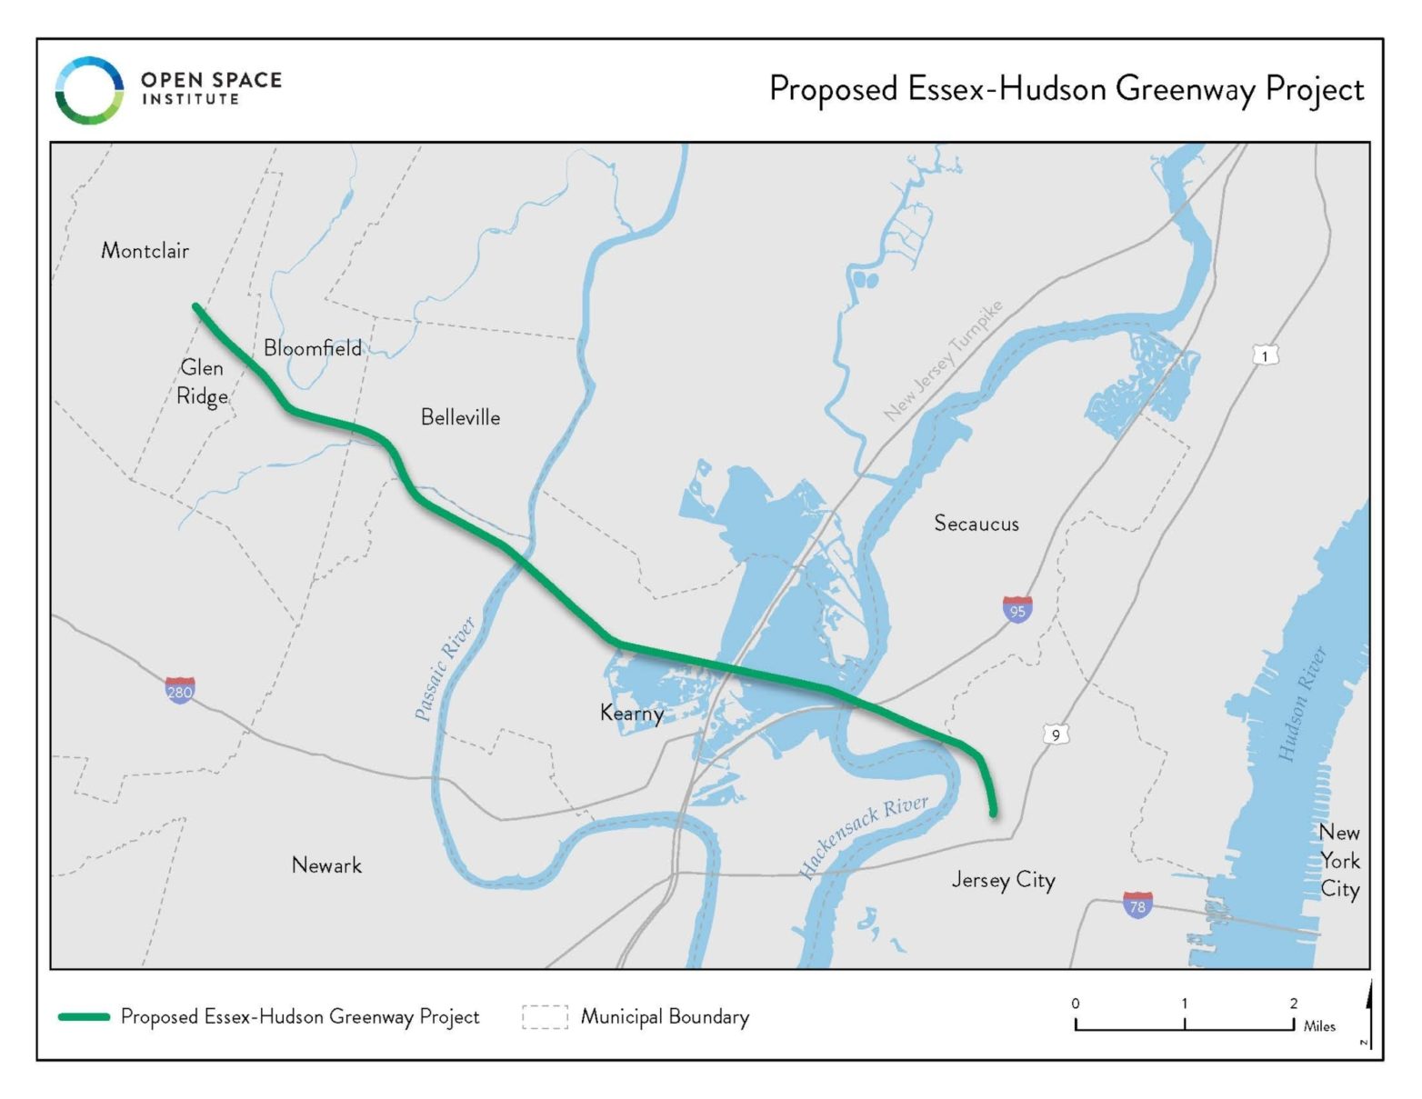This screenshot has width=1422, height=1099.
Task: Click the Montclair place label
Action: pos(145,250)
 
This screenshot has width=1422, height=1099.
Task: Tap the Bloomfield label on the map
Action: pos(312,348)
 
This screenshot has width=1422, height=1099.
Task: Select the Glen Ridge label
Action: pos(202,382)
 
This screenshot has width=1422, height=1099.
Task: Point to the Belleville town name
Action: pos(460,417)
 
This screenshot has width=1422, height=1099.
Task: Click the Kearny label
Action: pos(631,713)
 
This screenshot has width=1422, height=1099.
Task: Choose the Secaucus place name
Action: pos(976,524)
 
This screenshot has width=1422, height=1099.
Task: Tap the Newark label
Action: pos(326,865)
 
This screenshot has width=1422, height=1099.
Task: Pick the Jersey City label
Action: pos(1003,880)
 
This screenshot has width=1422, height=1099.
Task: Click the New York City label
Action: pos(1339,861)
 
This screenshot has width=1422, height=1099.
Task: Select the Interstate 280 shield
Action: pos(180,690)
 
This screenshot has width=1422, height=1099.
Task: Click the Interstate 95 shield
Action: pos(1017,609)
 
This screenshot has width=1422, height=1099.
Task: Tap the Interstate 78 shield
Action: pos(1137,904)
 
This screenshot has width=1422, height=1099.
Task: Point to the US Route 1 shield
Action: pos(1265,355)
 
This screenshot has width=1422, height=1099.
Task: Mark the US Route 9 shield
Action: pos(1056,734)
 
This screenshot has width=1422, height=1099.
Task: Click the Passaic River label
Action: pos(445,668)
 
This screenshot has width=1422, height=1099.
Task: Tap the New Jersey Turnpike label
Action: pos(944,360)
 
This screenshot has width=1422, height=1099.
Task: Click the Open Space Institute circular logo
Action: pos(89,90)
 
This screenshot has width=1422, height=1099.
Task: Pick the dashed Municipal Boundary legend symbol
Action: pos(545,1016)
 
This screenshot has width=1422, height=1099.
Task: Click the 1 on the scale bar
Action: pos(1184,1004)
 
